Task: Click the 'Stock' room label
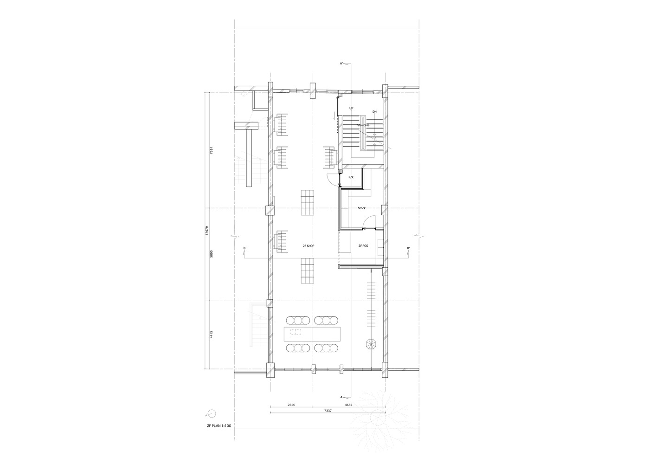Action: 362,208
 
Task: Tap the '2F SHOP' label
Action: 309,246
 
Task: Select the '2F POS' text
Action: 363,246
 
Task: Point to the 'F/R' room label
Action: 351,178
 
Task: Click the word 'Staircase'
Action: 363,125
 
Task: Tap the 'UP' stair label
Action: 352,109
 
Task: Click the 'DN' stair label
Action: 374,112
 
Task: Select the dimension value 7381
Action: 211,150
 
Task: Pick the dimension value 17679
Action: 207,231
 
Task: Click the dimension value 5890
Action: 211,254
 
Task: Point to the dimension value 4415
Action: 211,334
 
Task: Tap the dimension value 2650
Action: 291,405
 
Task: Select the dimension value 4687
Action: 348,405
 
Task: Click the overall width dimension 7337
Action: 328,411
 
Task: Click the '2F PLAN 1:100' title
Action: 219,425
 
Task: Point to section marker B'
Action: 409,248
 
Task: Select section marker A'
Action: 341,63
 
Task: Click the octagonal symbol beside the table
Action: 371,344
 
